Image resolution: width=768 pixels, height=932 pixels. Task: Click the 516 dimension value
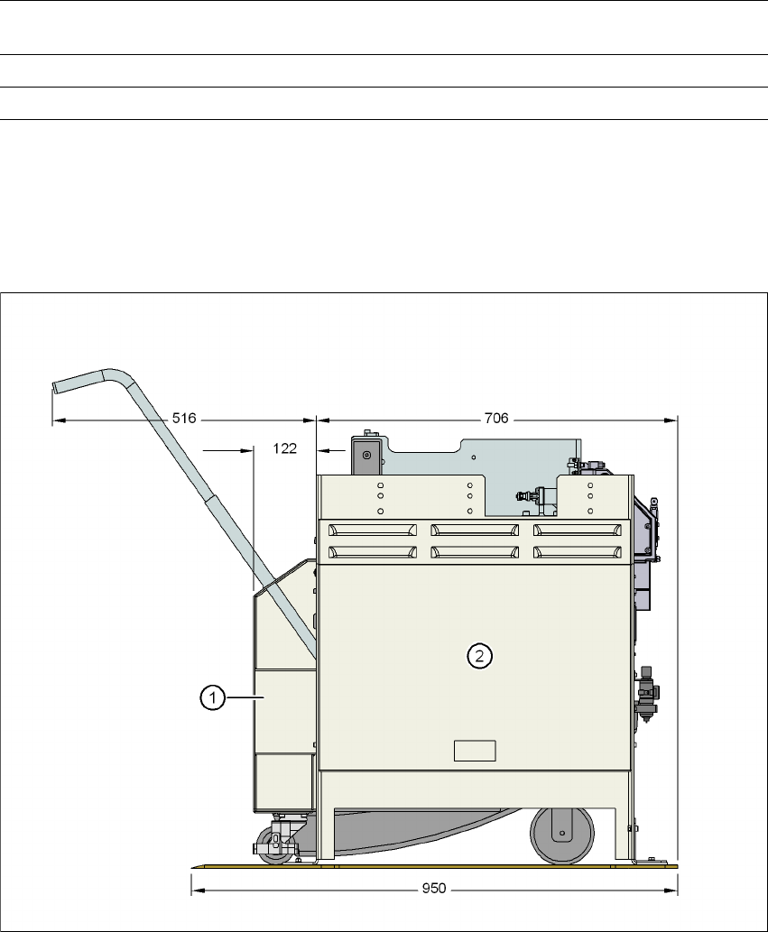[x=184, y=419]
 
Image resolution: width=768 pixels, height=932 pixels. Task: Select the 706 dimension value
[x=496, y=419]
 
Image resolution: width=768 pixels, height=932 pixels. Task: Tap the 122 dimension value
[x=285, y=448]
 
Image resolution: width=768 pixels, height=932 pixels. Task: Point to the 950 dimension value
[x=434, y=889]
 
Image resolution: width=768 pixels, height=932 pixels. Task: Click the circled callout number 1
[x=212, y=697]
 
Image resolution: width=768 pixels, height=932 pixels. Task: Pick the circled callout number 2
[x=480, y=656]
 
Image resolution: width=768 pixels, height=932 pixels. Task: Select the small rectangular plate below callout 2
[x=475, y=751]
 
